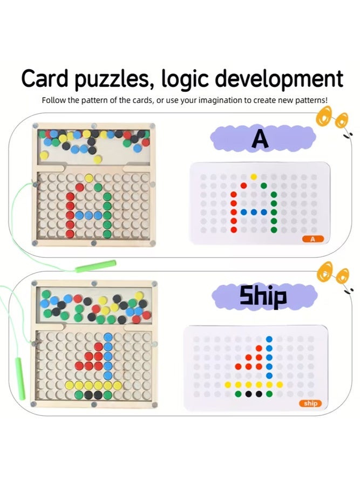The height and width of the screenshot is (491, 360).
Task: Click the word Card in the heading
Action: [44, 78]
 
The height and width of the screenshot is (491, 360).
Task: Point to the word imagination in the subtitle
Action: [221, 100]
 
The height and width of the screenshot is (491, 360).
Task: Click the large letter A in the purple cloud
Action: [260, 139]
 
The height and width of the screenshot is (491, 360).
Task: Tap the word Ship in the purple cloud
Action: [263, 296]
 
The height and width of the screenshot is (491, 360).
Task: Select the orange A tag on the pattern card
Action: [313, 239]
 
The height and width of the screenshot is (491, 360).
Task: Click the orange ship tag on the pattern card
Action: [310, 404]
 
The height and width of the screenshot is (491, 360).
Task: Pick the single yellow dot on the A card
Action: [254, 177]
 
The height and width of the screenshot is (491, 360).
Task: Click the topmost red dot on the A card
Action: [243, 186]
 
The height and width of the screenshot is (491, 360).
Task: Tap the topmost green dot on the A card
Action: [264, 186]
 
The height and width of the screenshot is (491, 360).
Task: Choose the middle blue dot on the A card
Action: [254, 212]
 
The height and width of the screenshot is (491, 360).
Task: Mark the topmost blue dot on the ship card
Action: [269, 339]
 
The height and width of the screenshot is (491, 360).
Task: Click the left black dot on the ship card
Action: [248, 394]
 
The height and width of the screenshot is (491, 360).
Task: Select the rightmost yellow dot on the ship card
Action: [280, 385]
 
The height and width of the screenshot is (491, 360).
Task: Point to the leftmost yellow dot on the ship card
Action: [228, 385]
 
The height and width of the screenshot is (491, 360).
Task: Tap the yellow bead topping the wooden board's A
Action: [89, 178]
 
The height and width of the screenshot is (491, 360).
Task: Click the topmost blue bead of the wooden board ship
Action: [108, 337]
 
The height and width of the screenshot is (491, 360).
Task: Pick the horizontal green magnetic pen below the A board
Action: [96, 266]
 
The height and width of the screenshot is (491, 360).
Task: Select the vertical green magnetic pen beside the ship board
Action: [21, 379]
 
